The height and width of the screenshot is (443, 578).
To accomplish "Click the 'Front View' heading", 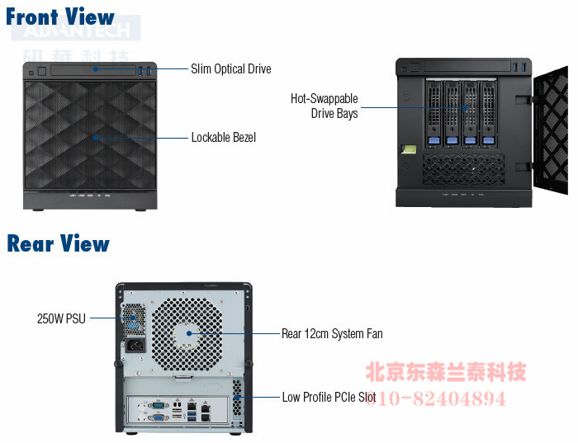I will [x=60, y=16].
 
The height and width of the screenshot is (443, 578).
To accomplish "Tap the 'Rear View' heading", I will [x=58, y=243].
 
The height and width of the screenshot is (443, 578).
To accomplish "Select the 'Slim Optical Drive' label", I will [x=230, y=68].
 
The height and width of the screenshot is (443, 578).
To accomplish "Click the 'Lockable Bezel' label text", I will [x=223, y=137].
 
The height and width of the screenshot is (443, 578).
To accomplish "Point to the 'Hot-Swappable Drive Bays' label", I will [x=325, y=106].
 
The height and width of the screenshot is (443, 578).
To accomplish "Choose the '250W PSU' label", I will [x=61, y=318].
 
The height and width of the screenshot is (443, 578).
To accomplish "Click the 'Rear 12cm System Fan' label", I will [x=332, y=334].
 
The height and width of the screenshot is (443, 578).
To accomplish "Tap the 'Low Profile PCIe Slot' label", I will [x=329, y=398].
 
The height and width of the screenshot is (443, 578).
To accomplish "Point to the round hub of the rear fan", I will [x=188, y=333].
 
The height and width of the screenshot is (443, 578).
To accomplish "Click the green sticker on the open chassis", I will [x=406, y=150].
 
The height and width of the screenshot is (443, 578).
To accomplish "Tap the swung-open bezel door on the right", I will [x=551, y=132].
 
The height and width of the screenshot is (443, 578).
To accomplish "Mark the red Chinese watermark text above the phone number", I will [x=446, y=373].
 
